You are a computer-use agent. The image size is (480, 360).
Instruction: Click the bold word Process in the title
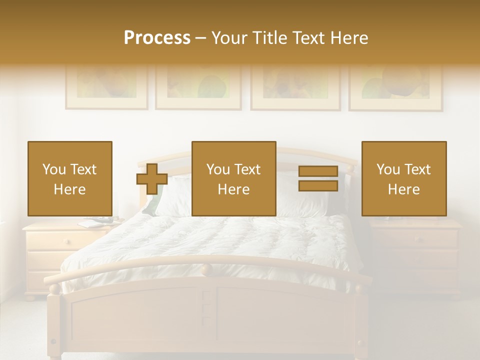pos(157,38)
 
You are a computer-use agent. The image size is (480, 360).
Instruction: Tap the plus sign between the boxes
pos(152,179)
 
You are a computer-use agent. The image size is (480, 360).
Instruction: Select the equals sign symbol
pos(318,178)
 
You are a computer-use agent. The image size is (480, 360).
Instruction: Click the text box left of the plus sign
pos(70,178)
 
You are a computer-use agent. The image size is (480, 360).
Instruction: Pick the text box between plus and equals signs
pos(233,178)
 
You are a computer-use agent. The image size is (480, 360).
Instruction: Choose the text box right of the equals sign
pos(404,178)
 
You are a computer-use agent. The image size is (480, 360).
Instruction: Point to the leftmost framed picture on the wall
pos(106,87)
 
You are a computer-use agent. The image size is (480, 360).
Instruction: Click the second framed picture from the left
pos(198,87)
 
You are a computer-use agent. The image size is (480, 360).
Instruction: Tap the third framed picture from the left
pos(295,87)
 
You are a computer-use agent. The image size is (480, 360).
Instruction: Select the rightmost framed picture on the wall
pos(395,87)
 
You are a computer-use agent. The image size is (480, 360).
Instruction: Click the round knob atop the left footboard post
pos(54,288)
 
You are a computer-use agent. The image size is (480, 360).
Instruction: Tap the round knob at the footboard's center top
pos(206,270)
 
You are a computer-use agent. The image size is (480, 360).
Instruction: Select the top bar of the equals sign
pos(318,171)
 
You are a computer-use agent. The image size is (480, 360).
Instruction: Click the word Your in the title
pos(229,38)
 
